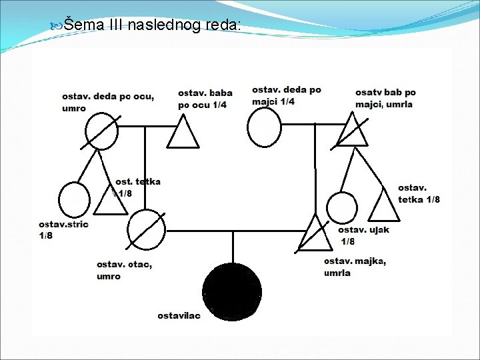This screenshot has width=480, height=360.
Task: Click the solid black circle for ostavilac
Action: click(x=232, y=291)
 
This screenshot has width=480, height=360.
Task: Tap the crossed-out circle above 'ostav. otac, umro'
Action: click(x=147, y=229)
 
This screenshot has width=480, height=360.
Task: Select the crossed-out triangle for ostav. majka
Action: click(x=313, y=234)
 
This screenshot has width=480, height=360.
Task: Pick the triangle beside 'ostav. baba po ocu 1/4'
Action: click(x=183, y=132)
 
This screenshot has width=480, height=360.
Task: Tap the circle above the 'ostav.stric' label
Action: click(x=73, y=199)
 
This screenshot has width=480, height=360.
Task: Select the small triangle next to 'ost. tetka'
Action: click(x=109, y=201)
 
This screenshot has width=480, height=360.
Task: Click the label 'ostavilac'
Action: click(x=179, y=315)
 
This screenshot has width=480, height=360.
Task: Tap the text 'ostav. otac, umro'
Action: click(x=124, y=270)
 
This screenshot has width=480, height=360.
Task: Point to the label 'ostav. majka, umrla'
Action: click(x=355, y=267)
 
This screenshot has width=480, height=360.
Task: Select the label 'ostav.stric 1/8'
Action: click(x=63, y=230)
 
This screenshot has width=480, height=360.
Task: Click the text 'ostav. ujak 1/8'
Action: click(x=363, y=235)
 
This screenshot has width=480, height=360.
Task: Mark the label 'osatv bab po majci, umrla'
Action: click(x=385, y=98)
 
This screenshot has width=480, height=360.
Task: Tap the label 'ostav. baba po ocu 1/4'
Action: click(x=205, y=99)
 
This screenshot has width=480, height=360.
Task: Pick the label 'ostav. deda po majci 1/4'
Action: click(x=286, y=95)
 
